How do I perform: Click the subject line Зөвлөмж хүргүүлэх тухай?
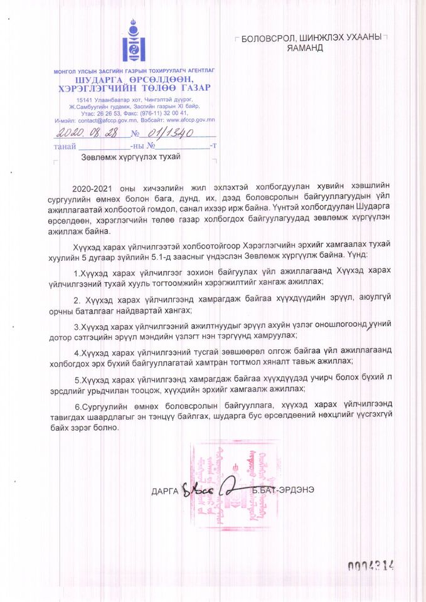tap(130, 157)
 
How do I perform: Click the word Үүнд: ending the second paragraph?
tap(359, 255)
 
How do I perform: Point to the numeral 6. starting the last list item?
tap(77, 406)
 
